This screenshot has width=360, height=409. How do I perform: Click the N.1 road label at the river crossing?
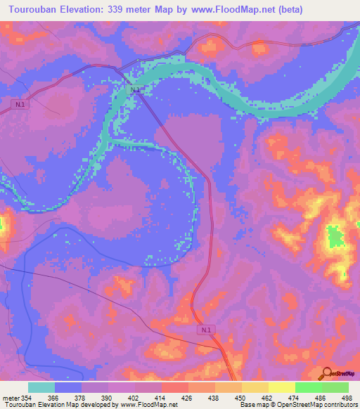(136, 90)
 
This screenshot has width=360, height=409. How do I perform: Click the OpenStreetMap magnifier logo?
(326, 374)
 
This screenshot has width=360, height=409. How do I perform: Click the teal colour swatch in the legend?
(41, 387)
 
